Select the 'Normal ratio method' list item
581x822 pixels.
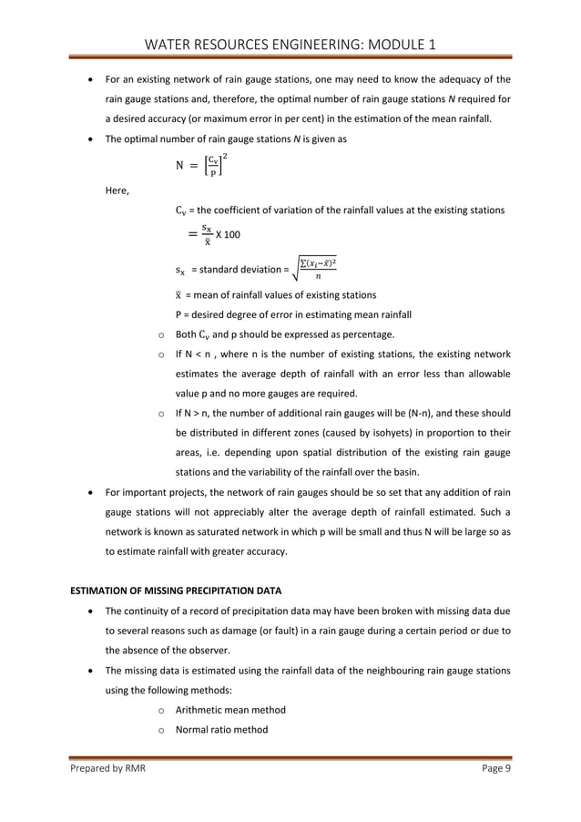coord(221,729)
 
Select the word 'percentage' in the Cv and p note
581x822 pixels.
coord(366,334)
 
